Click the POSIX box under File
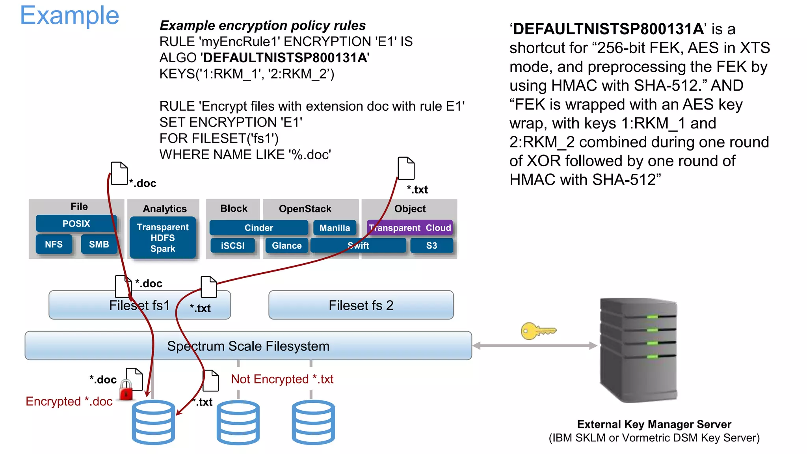coord(76,223)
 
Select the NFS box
coord(54,244)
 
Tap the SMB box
coord(99,244)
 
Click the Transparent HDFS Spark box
coord(163,238)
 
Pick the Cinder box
coord(258,228)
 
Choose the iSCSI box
coord(232,246)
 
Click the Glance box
coord(286,246)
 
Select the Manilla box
coord(335,228)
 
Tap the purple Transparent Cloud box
coord(410,228)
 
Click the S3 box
coord(431,246)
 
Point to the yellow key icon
coord(537,331)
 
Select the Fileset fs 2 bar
coord(361,305)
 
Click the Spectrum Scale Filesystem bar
coord(248,346)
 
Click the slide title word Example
coord(69,16)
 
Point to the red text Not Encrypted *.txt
coord(282,379)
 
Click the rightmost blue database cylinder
coord(313,422)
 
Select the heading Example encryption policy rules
coord(262,26)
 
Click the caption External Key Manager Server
coord(654,424)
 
